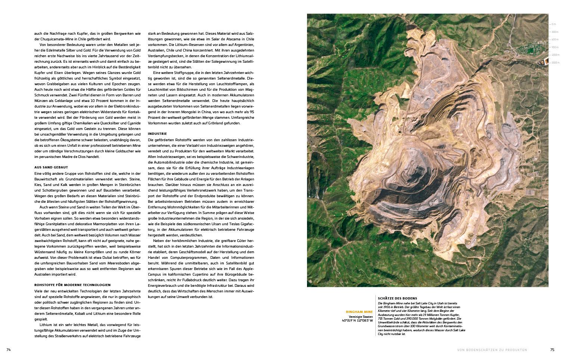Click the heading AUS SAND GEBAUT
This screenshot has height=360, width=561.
(x=51, y=167)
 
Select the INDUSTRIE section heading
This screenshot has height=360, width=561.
(x=157, y=133)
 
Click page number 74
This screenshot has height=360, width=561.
(x=9, y=350)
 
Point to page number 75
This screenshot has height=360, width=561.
(x=552, y=350)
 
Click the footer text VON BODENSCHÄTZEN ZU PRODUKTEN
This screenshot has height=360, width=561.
(x=492, y=350)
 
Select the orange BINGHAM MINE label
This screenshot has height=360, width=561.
(x=359, y=311)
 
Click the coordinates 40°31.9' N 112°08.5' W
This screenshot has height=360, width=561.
(x=357, y=320)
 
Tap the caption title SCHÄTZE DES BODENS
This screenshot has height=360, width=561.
(x=397, y=298)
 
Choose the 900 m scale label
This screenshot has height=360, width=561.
(x=555, y=47)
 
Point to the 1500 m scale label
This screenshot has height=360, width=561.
(x=555, y=63)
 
